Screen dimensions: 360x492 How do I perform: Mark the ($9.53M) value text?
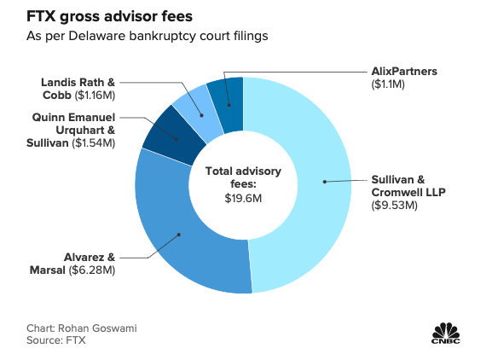pyautogui.click(x=394, y=206)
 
